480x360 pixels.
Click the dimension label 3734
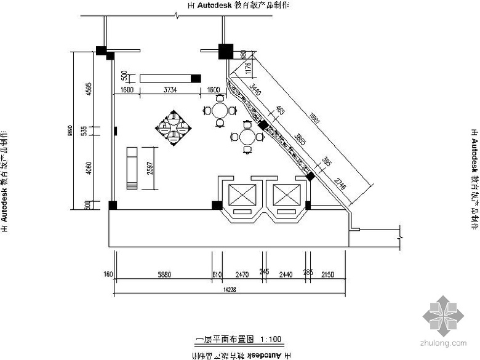tap(170, 90)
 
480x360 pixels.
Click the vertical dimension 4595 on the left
tap(88, 89)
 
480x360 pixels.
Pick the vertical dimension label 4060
tap(88, 167)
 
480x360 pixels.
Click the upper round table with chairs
tap(220, 112)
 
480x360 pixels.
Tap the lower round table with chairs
tap(247, 137)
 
